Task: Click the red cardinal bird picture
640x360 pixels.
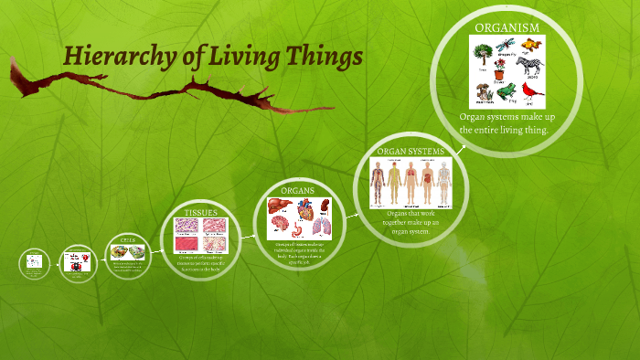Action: pyautogui.click(x=535, y=91)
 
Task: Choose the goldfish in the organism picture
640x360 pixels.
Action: pyautogui.click(x=534, y=45)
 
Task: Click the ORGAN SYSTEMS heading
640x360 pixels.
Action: pyautogui.click(x=411, y=151)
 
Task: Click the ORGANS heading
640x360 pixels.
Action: pyautogui.click(x=297, y=190)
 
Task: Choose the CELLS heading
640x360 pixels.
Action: pyautogui.click(x=127, y=240)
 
